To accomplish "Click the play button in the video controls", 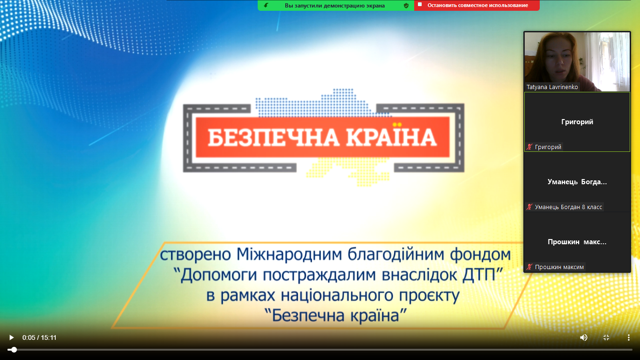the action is coord(11,337).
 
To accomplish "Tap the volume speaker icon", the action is coord(583,337).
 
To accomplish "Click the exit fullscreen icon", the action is coord(606,337).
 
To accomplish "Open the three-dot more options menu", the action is coord(629,337).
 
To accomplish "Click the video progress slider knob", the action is coord(14,350).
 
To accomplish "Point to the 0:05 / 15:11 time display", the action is coord(39,337).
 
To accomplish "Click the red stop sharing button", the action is coord(477,6).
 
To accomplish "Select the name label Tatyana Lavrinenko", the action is coord(552,87).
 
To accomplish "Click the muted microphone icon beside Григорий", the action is coord(529,147).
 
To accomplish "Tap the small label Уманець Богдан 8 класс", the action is coord(568,207).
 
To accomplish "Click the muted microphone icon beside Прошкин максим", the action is coord(529,267).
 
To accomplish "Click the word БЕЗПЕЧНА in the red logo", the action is coord(273,138).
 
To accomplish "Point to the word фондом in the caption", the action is coord(480,254).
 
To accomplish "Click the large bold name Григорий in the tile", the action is coord(577,122).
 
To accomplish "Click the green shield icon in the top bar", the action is coord(406,6).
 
